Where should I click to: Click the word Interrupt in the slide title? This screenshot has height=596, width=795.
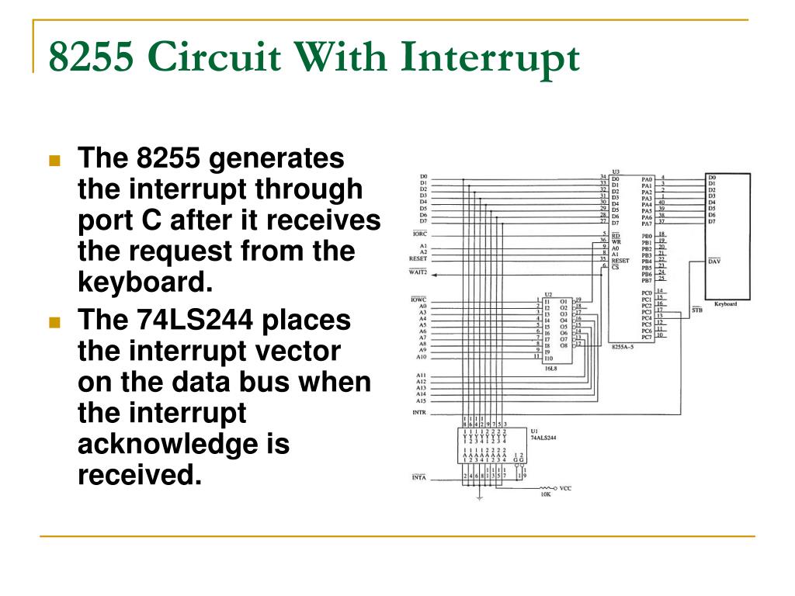click(x=491, y=58)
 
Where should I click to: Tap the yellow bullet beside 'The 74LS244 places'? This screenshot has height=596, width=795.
click(x=54, y=321)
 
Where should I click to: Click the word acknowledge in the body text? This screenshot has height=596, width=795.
click(x=184, y=445)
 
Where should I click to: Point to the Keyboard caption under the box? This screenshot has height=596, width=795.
click(x=725, y=304)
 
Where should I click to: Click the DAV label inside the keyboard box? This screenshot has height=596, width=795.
click(x=714, y=262)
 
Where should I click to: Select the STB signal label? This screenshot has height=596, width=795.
click(x=696, y=310)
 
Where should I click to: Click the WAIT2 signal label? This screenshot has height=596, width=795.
click(x=418, y=272)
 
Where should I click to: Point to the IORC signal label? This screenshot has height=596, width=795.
click(x=418, y=234)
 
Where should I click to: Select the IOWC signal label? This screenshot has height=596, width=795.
click(x=418, y=300)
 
